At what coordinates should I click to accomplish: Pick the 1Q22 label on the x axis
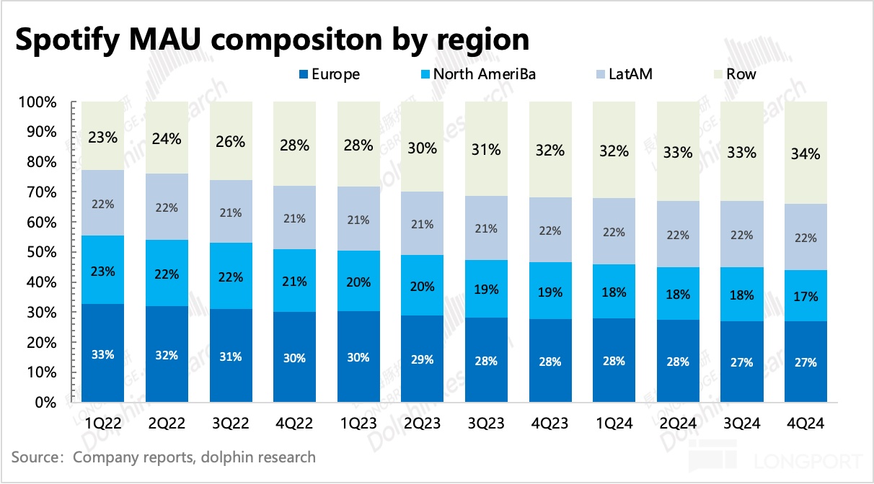tap(102, 424)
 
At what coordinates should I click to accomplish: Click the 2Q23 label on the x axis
tap(422, 424)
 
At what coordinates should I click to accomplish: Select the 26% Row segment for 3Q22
tap(231, 141)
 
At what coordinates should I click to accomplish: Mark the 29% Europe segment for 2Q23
tap(422, 359)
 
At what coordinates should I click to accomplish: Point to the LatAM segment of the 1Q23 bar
tap(358, 220)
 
